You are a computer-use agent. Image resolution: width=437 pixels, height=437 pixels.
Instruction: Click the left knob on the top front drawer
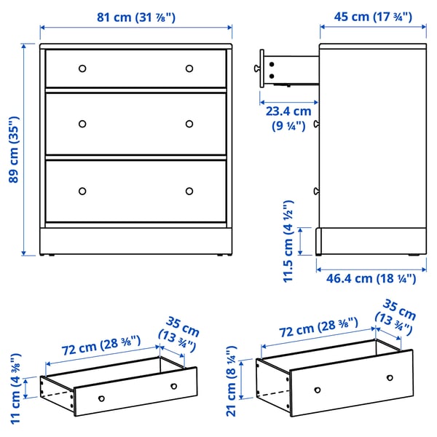(x=82, y=68)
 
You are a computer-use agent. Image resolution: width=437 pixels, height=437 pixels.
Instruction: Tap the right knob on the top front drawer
(x=189, y=68)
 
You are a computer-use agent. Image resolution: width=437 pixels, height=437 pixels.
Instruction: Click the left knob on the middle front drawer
(x=82, y=123)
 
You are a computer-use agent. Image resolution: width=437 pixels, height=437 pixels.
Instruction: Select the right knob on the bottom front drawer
(x=189, y=191)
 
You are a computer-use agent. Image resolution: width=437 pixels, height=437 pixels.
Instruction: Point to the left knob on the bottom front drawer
(x=82, y=191)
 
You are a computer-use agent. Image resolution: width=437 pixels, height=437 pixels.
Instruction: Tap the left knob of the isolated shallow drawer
(x=101, y=398)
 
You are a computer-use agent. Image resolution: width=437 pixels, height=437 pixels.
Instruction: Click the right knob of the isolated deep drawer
(x=390, y=378)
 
